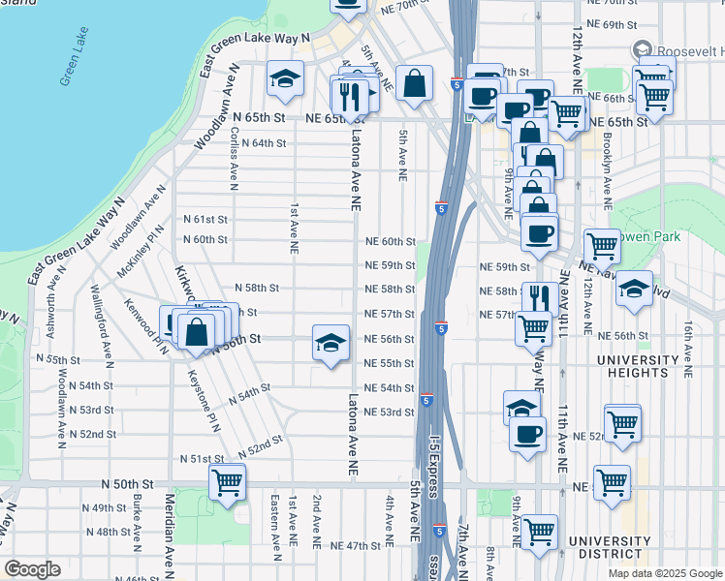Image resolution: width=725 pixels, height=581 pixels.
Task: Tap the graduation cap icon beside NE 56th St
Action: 331,343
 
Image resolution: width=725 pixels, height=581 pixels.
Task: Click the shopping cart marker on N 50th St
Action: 227,481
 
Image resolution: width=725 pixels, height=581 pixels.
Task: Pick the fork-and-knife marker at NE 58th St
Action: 540,298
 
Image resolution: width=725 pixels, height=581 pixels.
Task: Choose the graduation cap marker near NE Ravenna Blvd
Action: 634,289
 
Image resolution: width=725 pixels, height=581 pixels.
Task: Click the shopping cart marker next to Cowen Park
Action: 602,246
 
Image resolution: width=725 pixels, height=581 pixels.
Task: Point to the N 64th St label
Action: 264,142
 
